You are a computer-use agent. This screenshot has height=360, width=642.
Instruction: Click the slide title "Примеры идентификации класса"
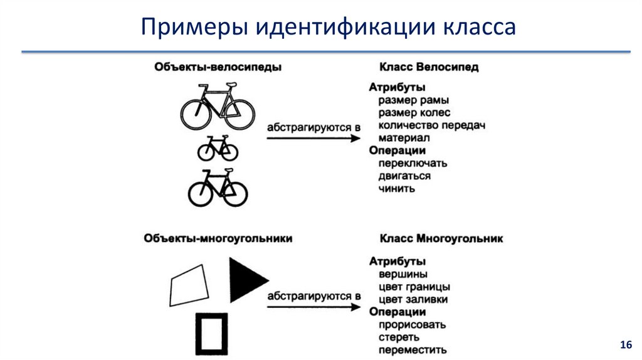(x=328, y=27)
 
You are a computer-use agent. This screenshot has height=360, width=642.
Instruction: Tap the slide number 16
(x=626, y=344)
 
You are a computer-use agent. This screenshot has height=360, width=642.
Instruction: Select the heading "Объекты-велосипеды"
(x=218, y=66)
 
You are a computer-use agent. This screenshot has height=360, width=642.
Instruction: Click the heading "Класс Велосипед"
(x=429, y=66)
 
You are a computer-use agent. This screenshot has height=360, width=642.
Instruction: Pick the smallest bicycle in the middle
(x=218, y=148)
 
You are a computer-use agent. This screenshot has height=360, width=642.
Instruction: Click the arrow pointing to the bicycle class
(x=313, y=139)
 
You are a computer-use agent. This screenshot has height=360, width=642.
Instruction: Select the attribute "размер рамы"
(x=414, y=100)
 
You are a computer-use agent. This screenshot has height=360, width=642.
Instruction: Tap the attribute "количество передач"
(x=431, y=125)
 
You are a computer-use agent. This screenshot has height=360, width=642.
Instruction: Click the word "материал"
(x=404, y=138)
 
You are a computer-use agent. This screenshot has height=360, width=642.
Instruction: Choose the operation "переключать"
(x=413, y=164)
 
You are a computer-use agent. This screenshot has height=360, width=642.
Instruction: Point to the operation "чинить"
(x=397, y=188)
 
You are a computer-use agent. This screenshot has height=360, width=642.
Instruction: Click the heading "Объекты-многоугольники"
(x=218, y=238)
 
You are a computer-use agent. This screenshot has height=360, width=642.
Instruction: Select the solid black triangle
(x=245, y=280)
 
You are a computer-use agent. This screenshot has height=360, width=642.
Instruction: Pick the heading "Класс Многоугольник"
(x=441, y=238)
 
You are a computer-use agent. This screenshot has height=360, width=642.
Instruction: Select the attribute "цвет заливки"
(x=413, y=299)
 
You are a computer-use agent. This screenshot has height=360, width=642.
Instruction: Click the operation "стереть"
(x=399, y=337)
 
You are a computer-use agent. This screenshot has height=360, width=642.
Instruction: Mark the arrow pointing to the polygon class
(x=313, y=307)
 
